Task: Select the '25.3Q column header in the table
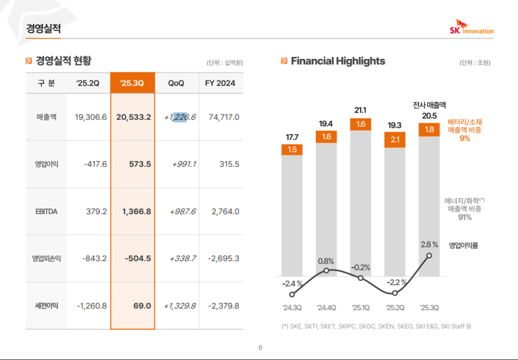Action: [x=132, y=83]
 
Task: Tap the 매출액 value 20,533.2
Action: [x=133, y=117]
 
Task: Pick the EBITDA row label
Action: [x=47, y=211]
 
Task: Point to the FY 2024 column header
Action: [x=220, y=83]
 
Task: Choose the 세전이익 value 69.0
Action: [x=141, y=306]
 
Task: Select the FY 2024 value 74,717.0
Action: [x=223, y=117]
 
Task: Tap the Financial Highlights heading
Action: [x=338, y=61]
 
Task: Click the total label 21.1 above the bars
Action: [x=361, y=109]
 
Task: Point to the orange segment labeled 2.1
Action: [x=395, y=140]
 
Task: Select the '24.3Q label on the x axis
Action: [x=292, y=308]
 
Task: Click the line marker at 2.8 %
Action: [x=429, y=256]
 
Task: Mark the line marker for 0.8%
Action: [x=326, y=270]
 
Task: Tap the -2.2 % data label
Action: [x=395, y=282]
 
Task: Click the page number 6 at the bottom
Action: [x=260, y=348]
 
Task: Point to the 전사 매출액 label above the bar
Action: [x=429, y=104]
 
